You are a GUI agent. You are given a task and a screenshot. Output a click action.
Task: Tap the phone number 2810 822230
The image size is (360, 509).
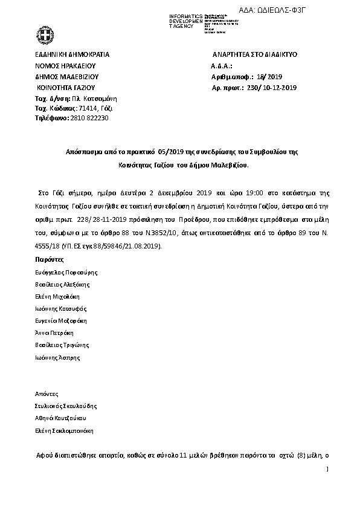[x=89, y=118]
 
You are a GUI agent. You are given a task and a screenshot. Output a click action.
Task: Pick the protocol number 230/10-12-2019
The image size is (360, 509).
[x=272, y=88]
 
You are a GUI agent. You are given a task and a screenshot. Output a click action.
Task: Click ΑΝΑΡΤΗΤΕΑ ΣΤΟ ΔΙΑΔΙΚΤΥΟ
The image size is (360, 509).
[x=251, y=54]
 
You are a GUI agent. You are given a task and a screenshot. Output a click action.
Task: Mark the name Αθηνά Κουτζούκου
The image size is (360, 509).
[x=62, y=418]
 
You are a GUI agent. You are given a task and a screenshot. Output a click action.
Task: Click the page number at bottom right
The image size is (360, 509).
[x=327, y=468]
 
